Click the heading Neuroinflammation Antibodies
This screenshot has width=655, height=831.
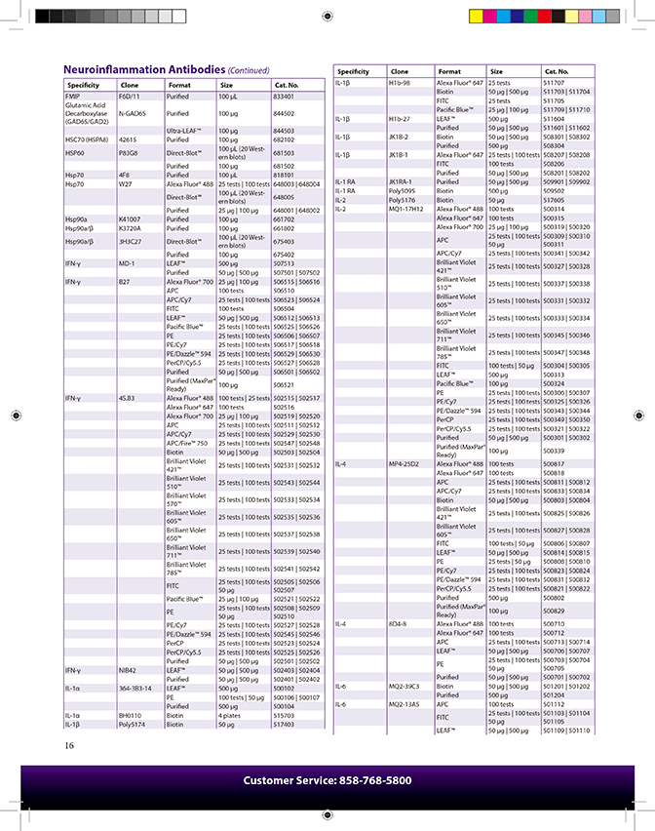[143, 70]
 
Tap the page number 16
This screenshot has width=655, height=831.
[69, 746]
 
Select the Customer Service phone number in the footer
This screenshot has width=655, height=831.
[327, 780]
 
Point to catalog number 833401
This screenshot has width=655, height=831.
[284, 97]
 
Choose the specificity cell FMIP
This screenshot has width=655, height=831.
[72, 97]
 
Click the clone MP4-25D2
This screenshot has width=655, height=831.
[405, 463]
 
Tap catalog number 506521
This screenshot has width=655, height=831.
[284, 384]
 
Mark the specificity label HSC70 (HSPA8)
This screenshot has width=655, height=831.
[85, 139]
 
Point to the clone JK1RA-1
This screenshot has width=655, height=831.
[402, 181]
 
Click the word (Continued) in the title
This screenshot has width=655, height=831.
[248, 71]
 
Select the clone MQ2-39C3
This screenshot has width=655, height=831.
[405, 686]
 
